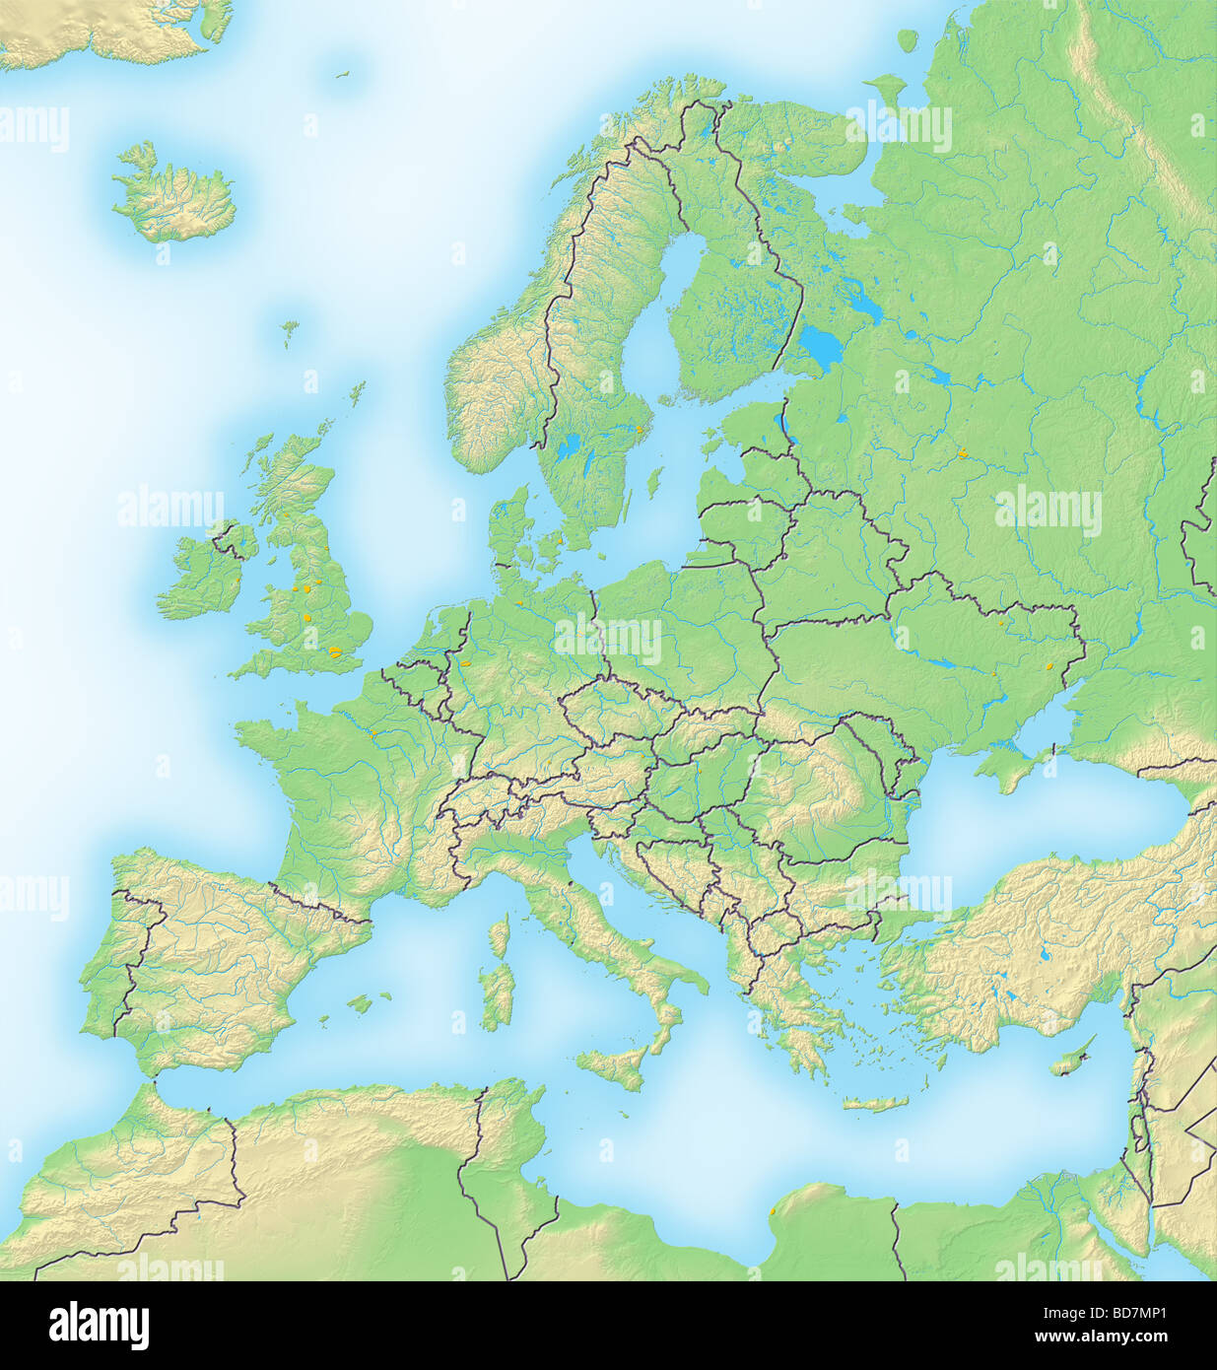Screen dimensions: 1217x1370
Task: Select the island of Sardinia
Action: [498, 994]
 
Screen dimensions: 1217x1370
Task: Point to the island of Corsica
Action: [500, 935]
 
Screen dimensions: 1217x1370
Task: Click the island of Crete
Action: [874, 1104]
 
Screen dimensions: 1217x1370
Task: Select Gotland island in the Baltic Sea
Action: [651, 483]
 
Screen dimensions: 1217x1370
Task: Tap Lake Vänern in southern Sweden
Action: [569, 450]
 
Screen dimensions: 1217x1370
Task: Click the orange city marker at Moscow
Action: [963, 454]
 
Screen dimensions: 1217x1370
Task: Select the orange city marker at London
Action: [336, 651]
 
